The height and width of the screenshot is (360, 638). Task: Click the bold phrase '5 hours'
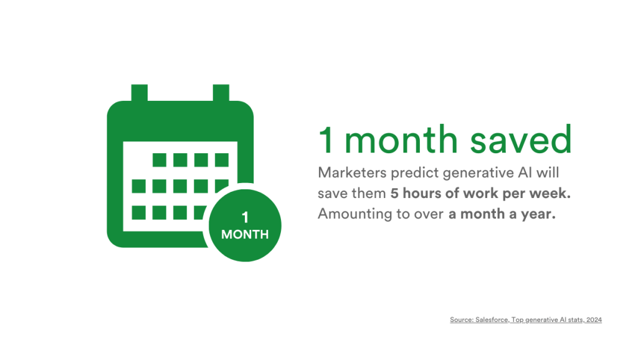(x=416, y=193)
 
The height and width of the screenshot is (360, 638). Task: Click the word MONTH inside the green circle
(x=245, y=235)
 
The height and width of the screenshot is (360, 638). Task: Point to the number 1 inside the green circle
(x=245, y=217)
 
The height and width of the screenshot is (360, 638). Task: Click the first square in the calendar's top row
(x=159, y=160)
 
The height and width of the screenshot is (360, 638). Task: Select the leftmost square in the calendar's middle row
(x=139, y=186)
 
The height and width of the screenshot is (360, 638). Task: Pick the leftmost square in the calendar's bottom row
(x=139, y=212)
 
